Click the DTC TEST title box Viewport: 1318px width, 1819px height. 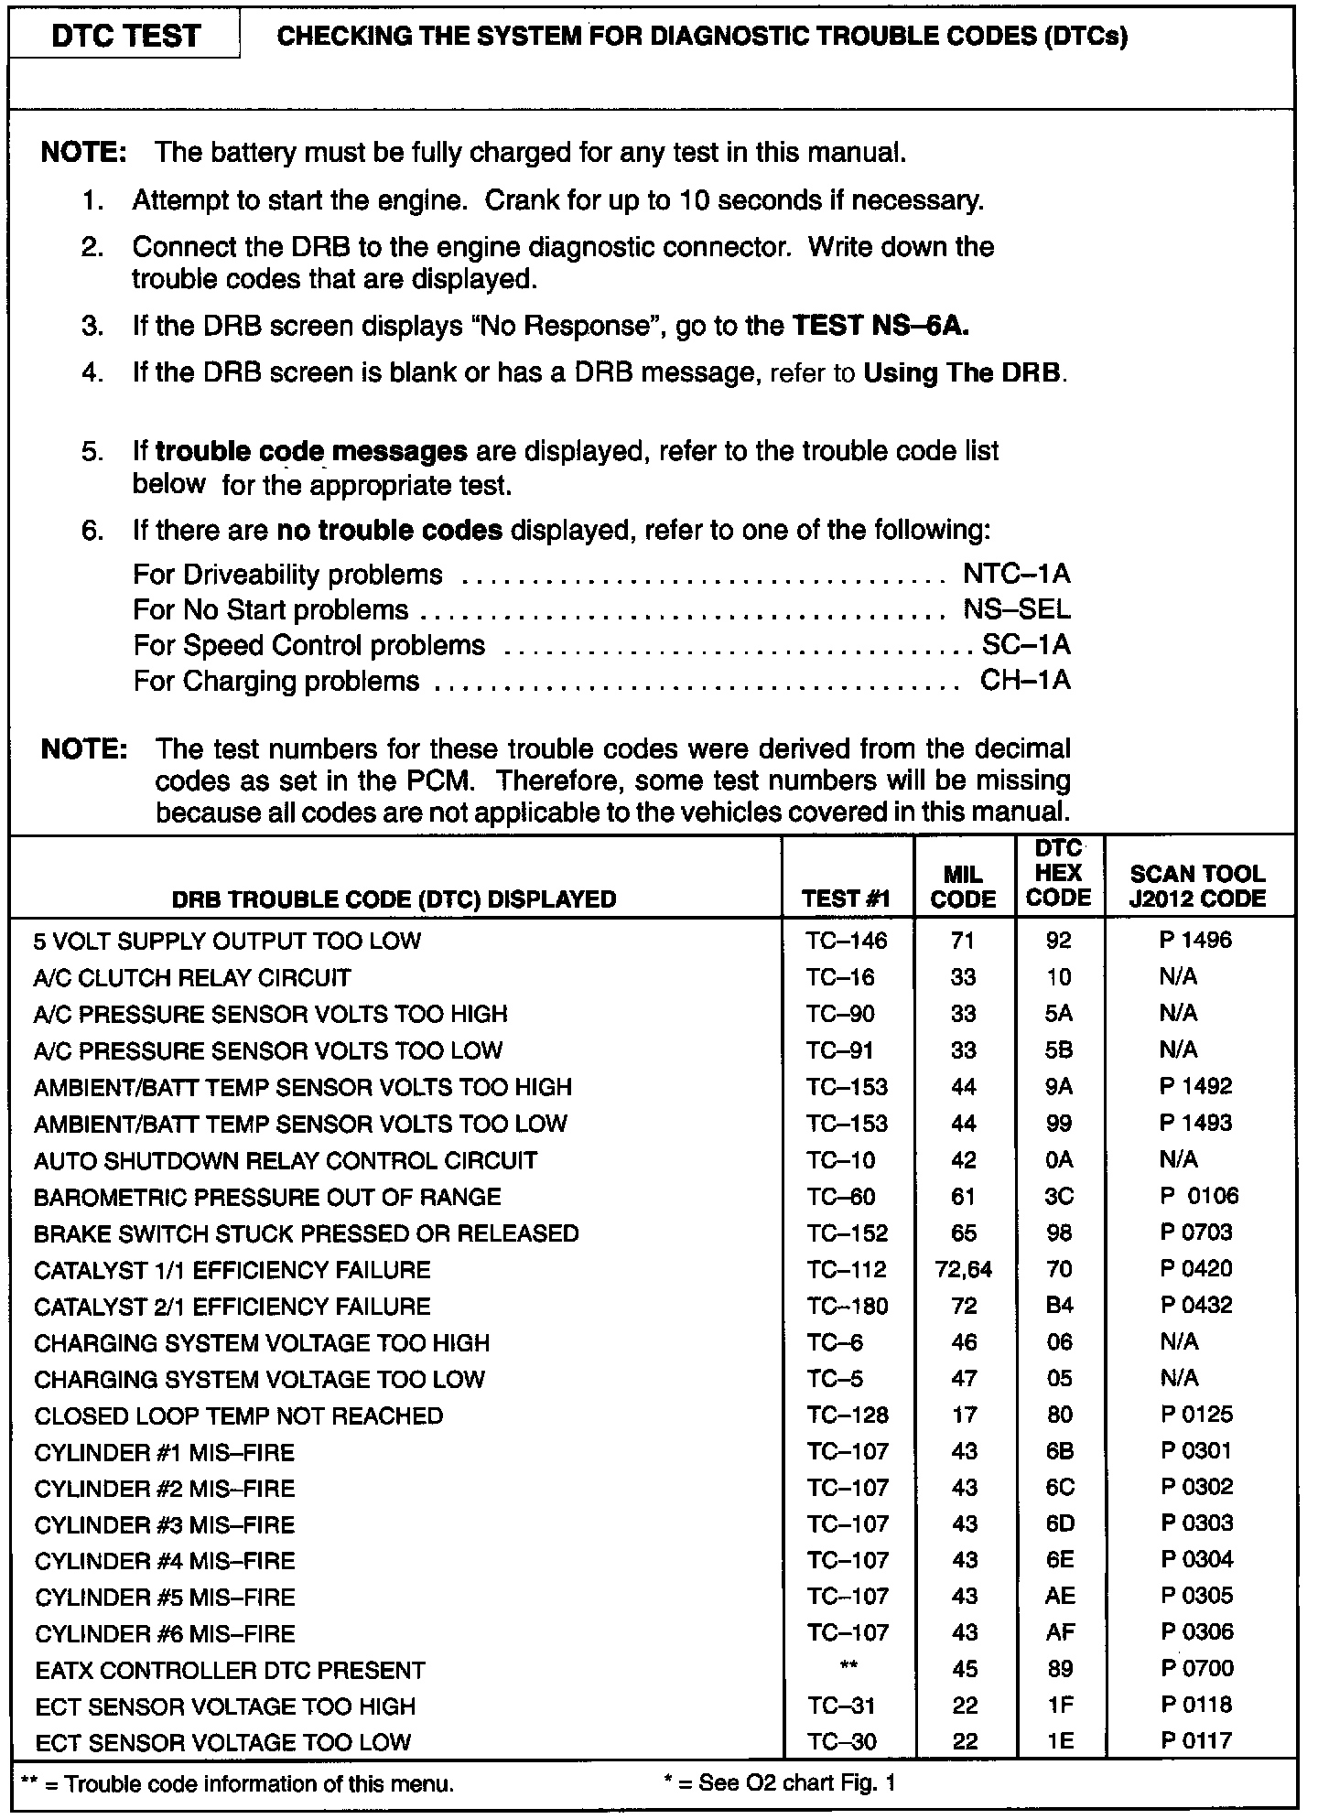click(x=125, y=37)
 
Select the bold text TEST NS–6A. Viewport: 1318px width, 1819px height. click(x=880, y=326)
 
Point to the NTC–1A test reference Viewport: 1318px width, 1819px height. click(x=1016, y=574)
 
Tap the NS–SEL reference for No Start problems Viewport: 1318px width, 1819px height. click(x=1016, y=609)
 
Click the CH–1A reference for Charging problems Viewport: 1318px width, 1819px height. click(x=1024, y=681)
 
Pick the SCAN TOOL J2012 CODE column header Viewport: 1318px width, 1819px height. click(x=1197, y=886)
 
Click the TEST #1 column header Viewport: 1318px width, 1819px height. click(x=846, y=899)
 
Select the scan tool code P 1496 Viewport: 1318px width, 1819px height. click(x=1195, y=940)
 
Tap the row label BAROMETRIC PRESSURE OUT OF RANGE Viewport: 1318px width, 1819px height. click(x=267, y=1197)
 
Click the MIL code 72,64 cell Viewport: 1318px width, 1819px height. click(x=964, y=1269)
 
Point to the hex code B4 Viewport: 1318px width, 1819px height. click(x=1059, y=1306)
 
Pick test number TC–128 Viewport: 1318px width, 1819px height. click(x=848, y=1415)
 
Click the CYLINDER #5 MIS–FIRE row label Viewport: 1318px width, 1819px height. click(x=165, y=1598)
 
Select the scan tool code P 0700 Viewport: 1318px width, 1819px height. click(x=1197, y=1668)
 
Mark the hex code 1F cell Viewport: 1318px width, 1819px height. click(x=1059, y=1706)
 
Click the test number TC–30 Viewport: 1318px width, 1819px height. click(x=841, y=1742)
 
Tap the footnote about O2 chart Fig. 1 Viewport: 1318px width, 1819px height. click(x=779, y=1782)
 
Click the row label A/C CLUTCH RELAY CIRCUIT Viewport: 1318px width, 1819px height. click(x=192, y=977)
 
